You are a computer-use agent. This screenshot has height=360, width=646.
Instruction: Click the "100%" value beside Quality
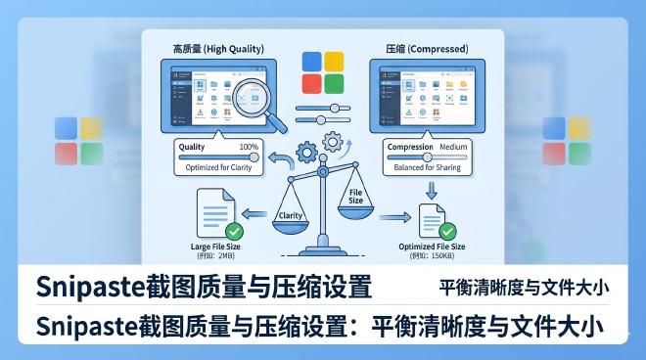point(249,146)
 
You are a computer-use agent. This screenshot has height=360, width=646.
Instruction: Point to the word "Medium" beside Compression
point(453,147)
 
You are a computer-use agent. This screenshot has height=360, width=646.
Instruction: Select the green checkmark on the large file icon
point(233,232)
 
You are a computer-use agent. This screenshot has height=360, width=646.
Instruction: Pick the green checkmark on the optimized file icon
point(446,232)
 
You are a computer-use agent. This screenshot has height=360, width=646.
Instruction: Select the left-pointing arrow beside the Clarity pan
point(253,212)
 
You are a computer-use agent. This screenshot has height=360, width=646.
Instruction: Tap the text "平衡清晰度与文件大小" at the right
point(525,288)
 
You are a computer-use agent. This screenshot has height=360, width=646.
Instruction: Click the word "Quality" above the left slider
point(192,147)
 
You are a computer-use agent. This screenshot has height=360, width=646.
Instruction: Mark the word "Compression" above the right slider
point(410,147)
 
